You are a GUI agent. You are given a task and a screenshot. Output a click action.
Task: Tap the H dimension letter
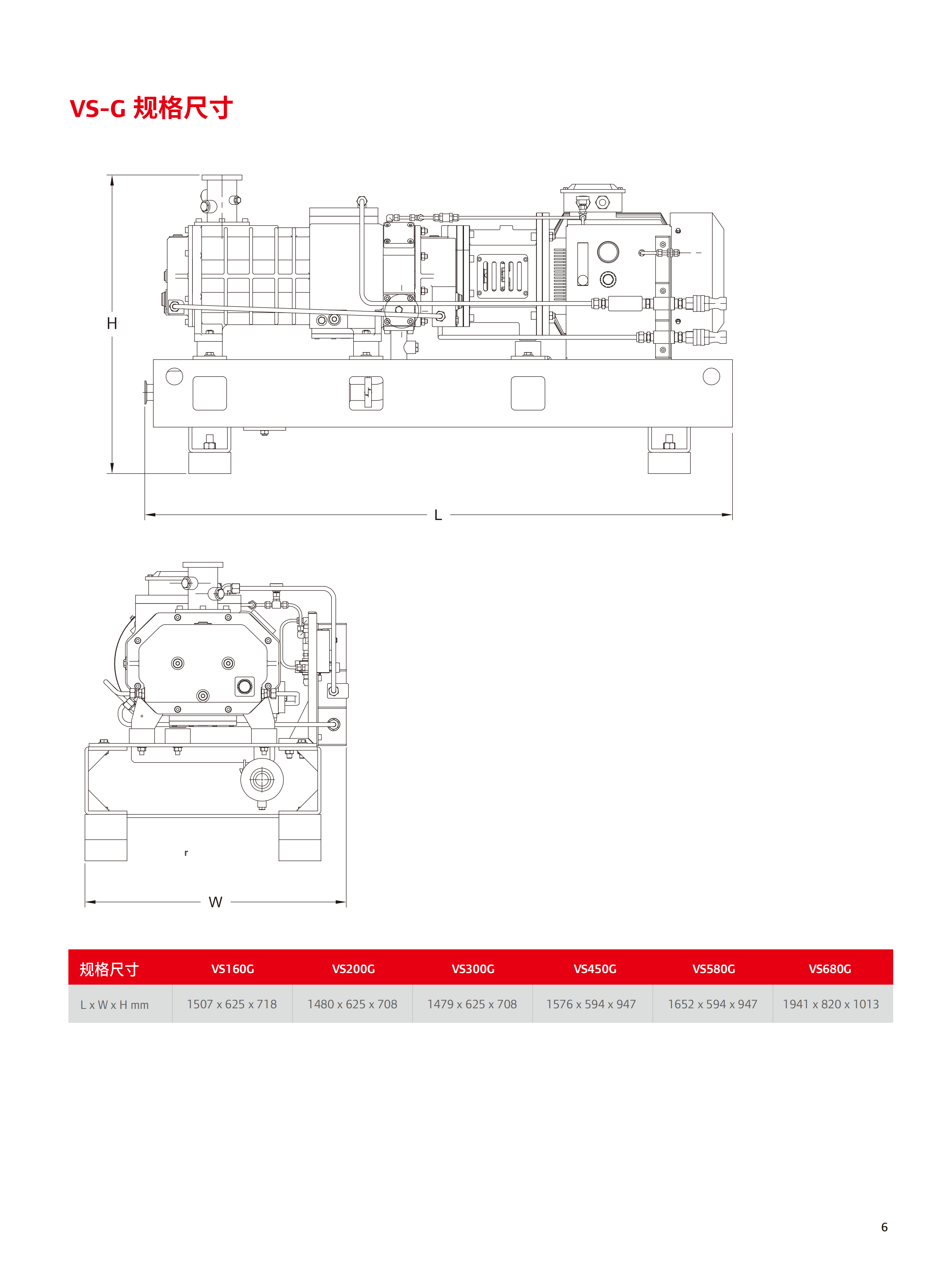pyautogui.click(x=112, y=323)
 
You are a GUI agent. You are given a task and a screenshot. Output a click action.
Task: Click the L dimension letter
pyautogui.click(x=438, y=515)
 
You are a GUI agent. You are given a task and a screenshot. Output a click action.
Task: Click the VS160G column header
pyautogui.click(x=233, y=969)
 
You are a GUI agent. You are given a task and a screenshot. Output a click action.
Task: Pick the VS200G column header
pyautogui.click(x=353, y=969)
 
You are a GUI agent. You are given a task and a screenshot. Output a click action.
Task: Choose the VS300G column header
pyautogui.click(x=473, y=969)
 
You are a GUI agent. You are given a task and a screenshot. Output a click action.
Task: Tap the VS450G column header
pyautogui.click(x=594, y=969)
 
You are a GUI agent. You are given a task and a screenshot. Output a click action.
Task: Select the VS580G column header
pyautogui.click(x=714, y=969)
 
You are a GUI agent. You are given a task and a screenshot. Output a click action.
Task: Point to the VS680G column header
pyautogui.click(x=830, y=969)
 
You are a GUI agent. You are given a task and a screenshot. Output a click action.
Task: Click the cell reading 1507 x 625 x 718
pyautogui.click(x=232, y=1004)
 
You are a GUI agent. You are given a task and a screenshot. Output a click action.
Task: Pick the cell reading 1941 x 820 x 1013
pyautogui.click(x=831, y=1004)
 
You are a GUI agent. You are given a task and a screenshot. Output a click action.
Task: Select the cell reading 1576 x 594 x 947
pyautogui.click(x=591, y=1004)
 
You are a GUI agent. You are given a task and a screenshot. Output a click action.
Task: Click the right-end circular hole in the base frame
pyautogui.click(x=711, y=376)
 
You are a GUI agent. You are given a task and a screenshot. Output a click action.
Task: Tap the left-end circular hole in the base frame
pyautogui.click(x=174, y=376)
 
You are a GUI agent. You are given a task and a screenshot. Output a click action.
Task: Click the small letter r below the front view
pyautogui.click(x=186, y=853)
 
